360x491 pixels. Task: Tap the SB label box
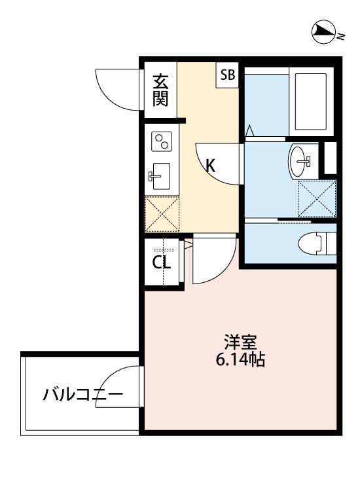click(x=227, y=75)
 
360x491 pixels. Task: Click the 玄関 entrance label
click(x=160, y=90)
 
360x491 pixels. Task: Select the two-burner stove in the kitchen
click(x=161, y=141)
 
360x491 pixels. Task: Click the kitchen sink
click(x=160, y=176)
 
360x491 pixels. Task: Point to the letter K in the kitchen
click(x=211, y=166)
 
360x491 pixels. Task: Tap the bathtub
click(x=311, y=101)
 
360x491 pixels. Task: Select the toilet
click(x=317, y=243)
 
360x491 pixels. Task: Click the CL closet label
click(x=162, y=263)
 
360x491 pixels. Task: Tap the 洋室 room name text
click(x=240, y=342)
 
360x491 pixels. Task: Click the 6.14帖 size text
click(x=240, y=360)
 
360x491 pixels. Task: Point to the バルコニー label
click(x=82, y=395)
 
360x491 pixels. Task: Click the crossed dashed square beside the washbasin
click(x=317, y=198)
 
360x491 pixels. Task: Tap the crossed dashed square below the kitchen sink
click(x=162, y=214)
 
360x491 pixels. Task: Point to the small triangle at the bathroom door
click(x=250, y=130)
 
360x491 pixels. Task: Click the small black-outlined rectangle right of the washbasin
click(x=331, y=158)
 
